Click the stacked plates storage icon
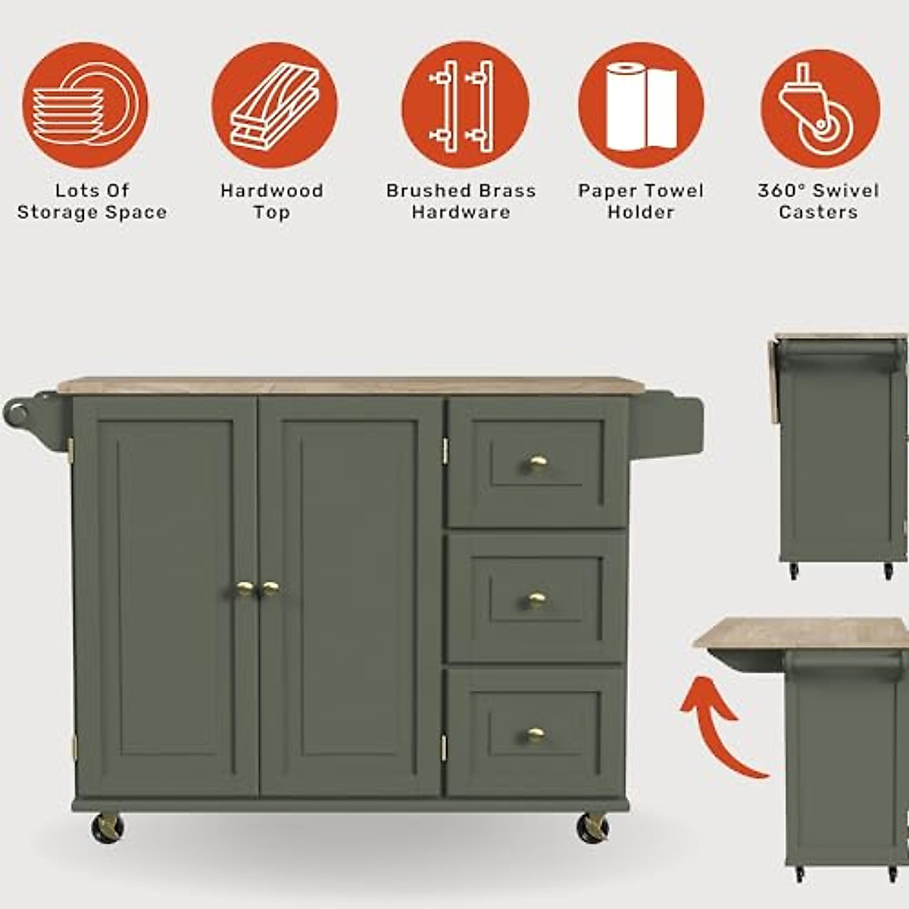tap(85, 104)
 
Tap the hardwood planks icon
tap(274, 104)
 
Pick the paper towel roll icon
tap(641, 104)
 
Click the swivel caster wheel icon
tap(820, 104)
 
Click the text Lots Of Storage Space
tap(92, 201)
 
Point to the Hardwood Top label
tap(272, 201)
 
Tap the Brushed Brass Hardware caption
tap(461, 201)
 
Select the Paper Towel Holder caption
tap(641, 201)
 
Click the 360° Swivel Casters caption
tap(819, 201)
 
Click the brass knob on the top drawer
tap(538, 463)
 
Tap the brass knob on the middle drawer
tap(537, 600)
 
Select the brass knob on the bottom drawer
tap(536, 734)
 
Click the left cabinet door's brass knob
tap(244, 588)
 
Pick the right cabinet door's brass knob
tap(270, 588)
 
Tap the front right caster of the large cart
tap(592, 827)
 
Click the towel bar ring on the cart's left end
tap(17, 413)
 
